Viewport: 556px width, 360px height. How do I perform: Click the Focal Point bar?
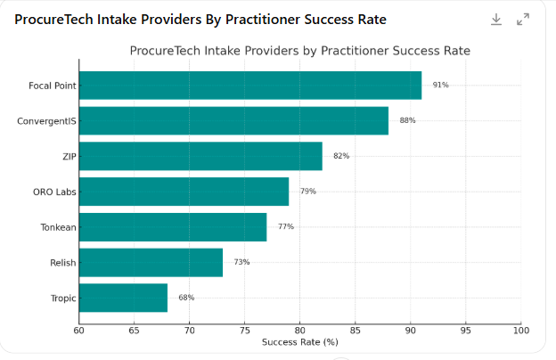tap(250, 86)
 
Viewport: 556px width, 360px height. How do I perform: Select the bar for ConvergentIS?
tap(233, 120)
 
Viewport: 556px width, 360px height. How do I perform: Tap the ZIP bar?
tap(200, 156)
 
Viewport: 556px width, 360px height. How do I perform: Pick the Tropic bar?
tap(123, 298)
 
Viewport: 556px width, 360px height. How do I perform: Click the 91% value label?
tap(440, 86)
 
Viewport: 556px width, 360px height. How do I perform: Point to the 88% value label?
tap(407, 120)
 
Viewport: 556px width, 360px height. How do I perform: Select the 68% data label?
tap(186, 298)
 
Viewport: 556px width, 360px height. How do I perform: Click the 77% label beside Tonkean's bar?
tap(285, 226)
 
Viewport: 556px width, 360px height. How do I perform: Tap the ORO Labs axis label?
tap(54, 192)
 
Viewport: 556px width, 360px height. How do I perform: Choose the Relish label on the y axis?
tap(62, 263)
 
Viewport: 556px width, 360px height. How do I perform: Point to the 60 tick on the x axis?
tap(79, 331)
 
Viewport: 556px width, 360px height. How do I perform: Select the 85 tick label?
tap(355, 331)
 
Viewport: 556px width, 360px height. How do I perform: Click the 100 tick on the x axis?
tap(520, 331)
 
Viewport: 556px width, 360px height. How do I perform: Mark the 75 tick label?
tap(244, 331)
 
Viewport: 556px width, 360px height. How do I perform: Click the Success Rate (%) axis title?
tap(299, 343)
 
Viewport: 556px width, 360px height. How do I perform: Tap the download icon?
tap(496, 19)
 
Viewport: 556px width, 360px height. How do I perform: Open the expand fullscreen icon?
tap(524, 19)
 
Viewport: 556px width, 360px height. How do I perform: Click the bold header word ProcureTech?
tap(55, 19)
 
